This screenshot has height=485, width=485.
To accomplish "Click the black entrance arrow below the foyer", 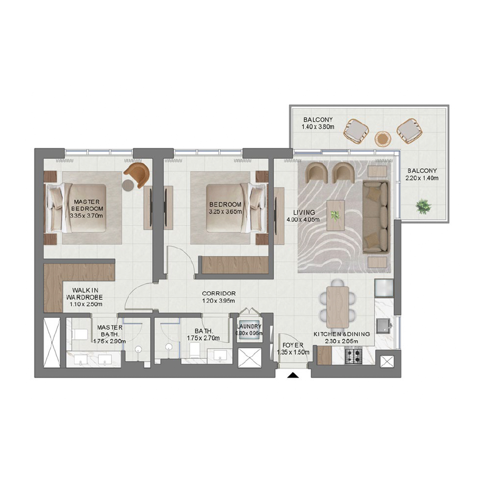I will [293, 375].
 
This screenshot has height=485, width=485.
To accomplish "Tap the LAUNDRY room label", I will [249, 326].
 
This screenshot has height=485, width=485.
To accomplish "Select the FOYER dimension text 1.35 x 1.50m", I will [293, 352].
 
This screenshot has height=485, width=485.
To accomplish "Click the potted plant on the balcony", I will [423, 207].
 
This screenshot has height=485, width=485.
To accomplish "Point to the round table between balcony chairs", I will [382, 138].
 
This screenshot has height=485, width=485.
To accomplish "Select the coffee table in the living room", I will [336, 215].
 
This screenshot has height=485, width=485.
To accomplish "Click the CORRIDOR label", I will [219, 293].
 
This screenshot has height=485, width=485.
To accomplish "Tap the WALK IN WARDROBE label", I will [85, 294].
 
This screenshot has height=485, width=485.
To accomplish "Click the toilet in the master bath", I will [80, 334].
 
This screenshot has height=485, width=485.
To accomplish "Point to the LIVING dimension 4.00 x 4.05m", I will [303, 219].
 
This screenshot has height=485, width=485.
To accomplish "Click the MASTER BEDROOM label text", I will [87, 205].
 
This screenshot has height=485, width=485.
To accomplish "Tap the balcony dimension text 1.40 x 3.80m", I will [318, 127].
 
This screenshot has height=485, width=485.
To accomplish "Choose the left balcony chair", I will [356, 131].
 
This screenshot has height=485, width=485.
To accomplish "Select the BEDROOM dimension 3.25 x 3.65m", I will [225, 211].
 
